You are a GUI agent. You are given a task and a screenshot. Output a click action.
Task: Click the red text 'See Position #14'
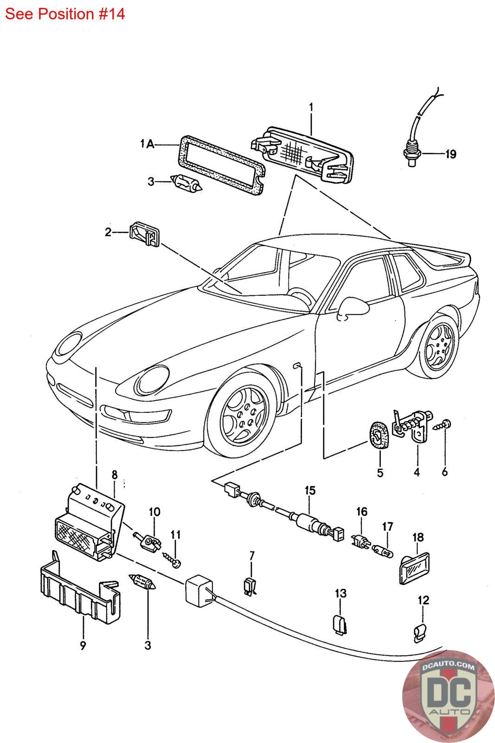pyautogui.click(x=65, y=14)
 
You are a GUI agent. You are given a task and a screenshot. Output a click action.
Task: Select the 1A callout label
pyautogui.click(x=148, y=145)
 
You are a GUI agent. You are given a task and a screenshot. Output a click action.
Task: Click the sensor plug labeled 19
pyautogui.click(x=411, y=151)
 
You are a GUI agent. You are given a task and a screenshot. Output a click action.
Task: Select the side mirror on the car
pyautogui.click(x=349, y=307)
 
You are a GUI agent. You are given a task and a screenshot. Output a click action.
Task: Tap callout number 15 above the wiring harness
pyautogui.click(x=310, y=490)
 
